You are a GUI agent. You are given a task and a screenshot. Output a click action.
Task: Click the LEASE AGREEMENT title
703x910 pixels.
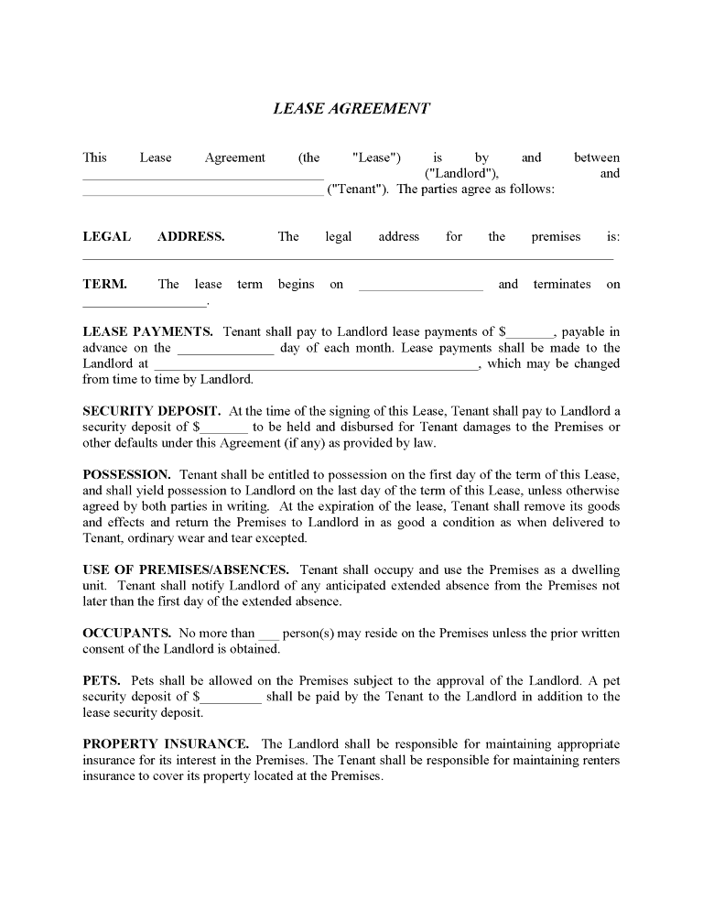coord(351,108)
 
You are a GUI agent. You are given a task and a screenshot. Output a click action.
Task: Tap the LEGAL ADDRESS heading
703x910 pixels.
coord(153,236)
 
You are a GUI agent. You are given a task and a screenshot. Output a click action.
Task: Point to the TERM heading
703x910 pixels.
coord(104,284)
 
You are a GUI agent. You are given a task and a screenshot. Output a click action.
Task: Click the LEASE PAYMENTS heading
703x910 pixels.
coord(147,331)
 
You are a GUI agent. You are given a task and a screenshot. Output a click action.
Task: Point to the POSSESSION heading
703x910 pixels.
coord(126,474)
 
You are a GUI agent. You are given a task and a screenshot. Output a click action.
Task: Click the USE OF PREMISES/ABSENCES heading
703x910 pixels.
coord(186,569)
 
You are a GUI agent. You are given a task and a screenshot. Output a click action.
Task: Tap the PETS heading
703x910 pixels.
coord(101,680)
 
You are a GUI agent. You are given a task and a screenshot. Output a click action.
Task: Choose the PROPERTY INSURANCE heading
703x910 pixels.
coord(165,743)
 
